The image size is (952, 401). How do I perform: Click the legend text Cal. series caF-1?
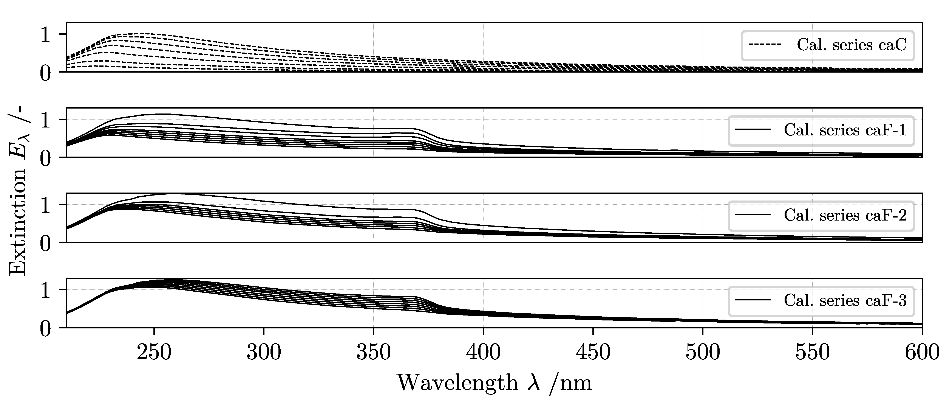coord(845,131)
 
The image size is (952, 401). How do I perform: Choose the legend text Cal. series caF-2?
coord(845,216)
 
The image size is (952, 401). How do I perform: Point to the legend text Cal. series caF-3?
coord(845,301)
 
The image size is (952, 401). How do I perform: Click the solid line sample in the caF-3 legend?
coord(753,301)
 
